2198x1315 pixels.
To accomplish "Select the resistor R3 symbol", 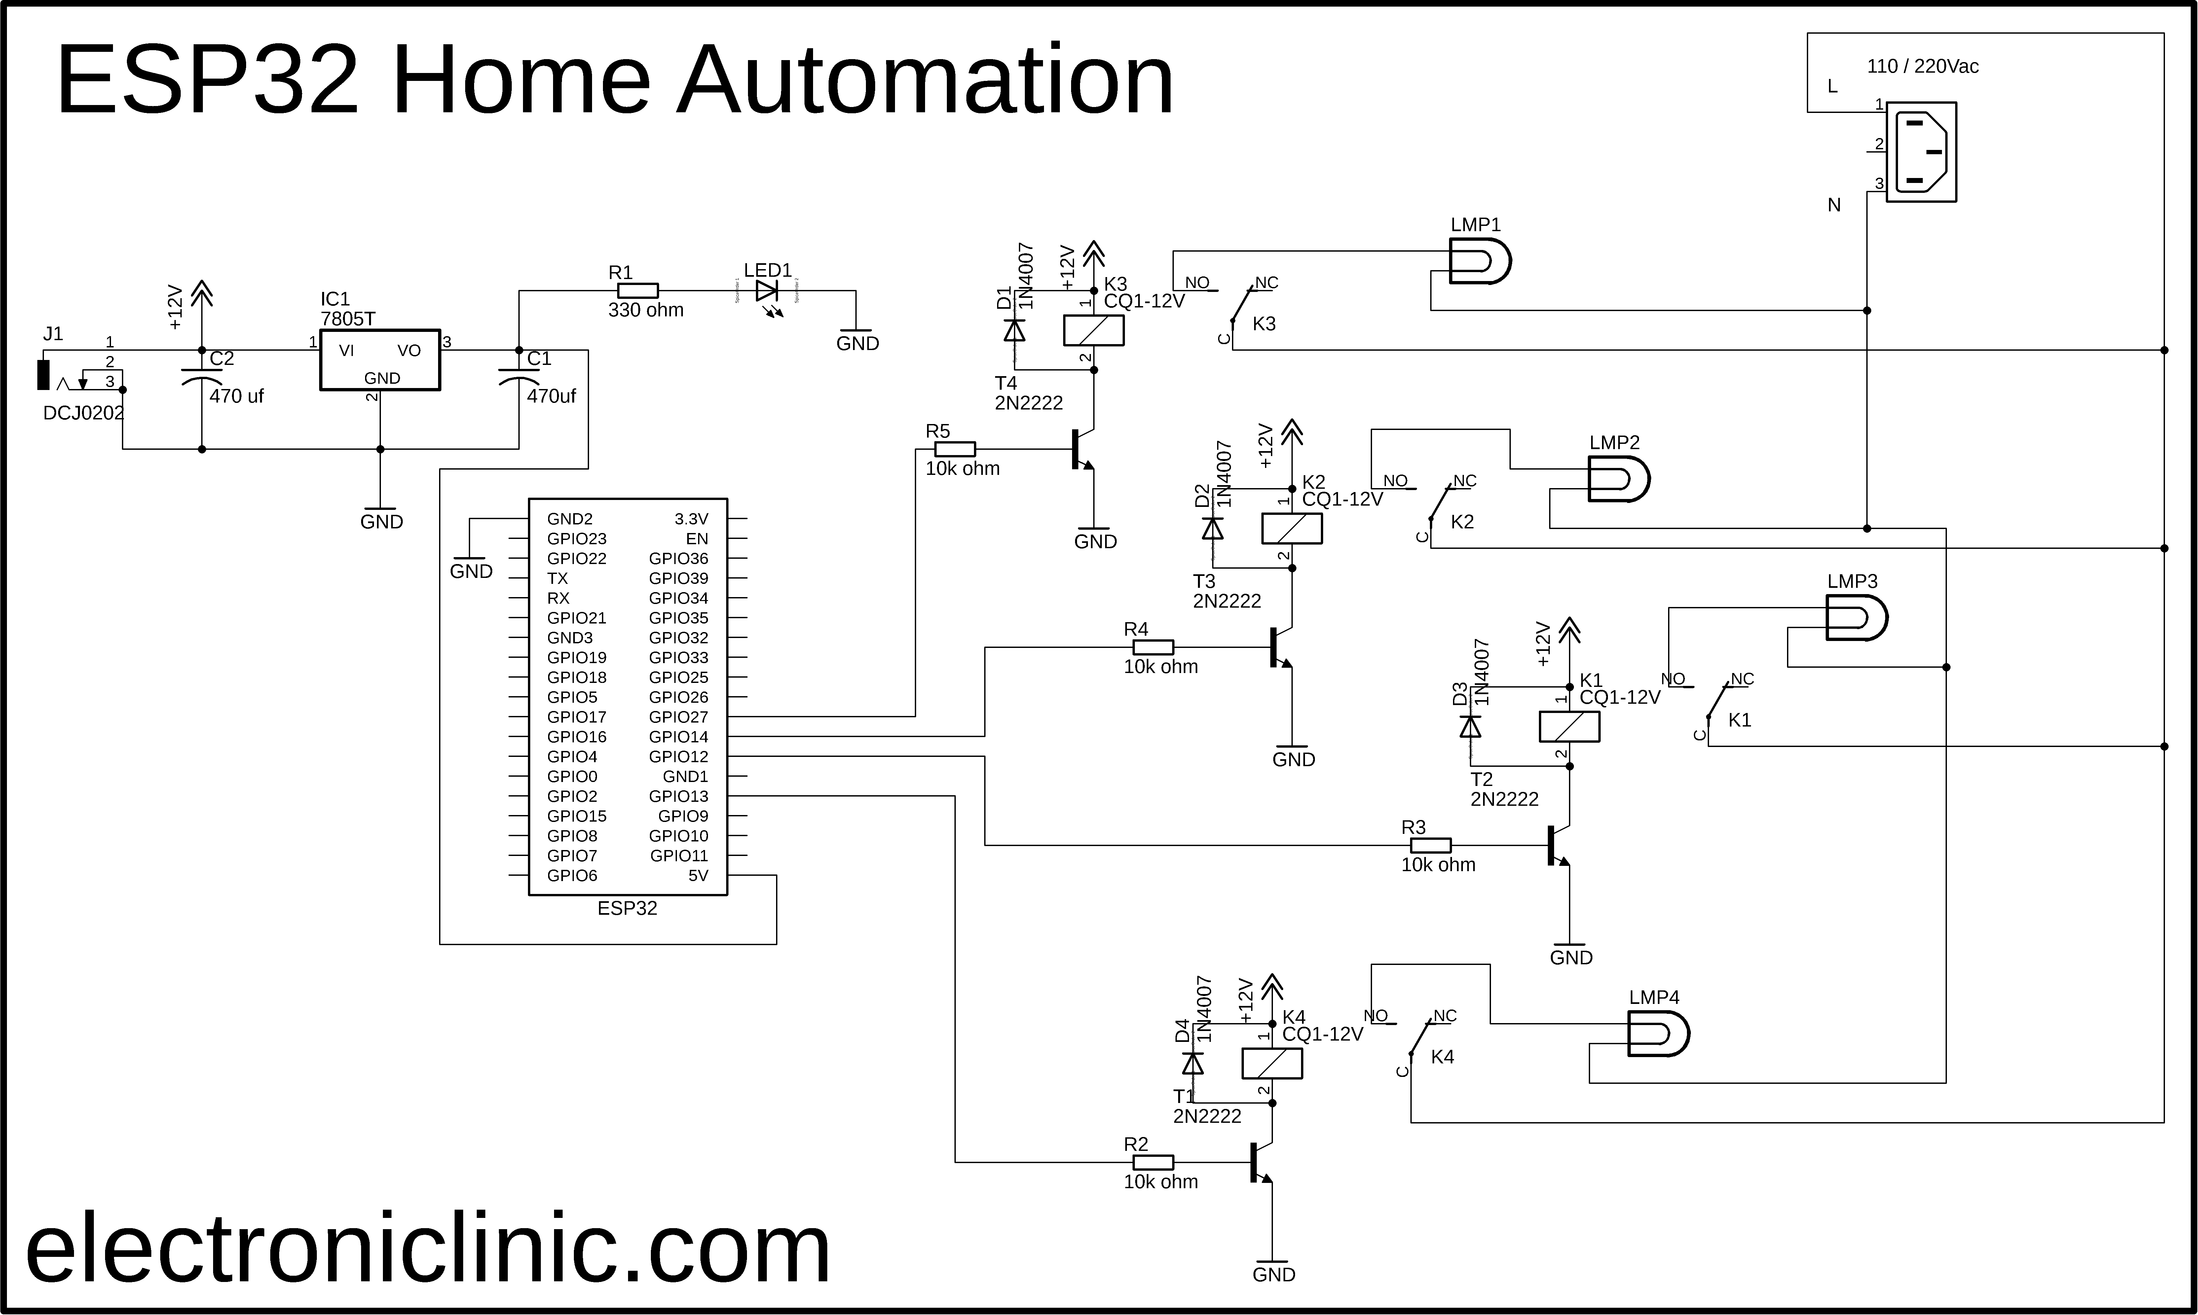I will (x=1431, y=845).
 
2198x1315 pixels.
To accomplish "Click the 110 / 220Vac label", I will (x=1922, y=66).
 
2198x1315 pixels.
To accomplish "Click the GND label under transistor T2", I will (x=1571, y=958).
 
